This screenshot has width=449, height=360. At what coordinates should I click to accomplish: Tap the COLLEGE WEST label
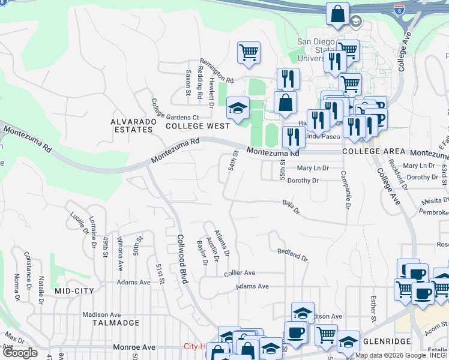(x=197, y=126)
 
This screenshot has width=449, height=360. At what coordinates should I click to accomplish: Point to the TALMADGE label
(x=116, y=323)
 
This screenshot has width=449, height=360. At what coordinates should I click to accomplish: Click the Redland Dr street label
(x=292, y=254)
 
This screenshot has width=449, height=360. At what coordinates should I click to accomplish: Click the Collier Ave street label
(x=240, y=273)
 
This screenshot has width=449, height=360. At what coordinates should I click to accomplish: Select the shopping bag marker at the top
(x=338, y=13)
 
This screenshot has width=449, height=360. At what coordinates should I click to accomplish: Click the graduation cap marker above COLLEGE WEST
(x=238, y=108)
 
